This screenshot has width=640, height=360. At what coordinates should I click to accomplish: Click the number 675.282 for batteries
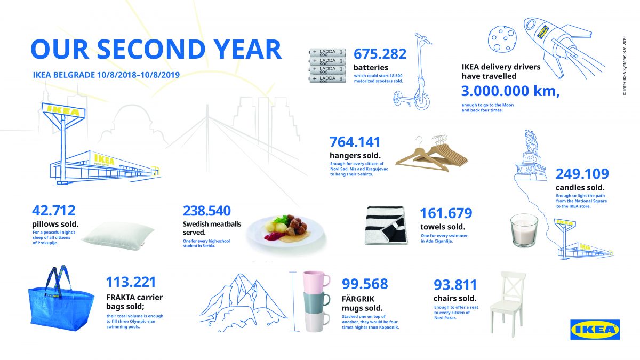(380, 54)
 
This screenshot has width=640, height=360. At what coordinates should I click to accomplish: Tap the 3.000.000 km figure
(510, 91)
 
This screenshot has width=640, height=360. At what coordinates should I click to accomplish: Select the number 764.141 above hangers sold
(355, 142)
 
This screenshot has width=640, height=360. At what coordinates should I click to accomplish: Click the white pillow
(118, 236)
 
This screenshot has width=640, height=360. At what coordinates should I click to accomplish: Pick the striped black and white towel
(386, 226)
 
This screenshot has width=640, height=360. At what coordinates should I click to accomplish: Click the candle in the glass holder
(524, 230)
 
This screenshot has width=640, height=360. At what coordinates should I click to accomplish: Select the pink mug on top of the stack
(316, 282)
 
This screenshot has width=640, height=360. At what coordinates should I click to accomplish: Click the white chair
(508, 305)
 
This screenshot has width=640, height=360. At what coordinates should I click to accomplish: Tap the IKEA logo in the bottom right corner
(595, 330)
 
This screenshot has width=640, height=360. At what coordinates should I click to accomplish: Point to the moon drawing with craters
(502, 39)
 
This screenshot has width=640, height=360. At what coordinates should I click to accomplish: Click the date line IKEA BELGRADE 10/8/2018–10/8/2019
(106, 75)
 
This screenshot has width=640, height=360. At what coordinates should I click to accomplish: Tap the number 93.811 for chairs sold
(455, 285)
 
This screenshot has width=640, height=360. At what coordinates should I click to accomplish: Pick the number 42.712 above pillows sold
(54, 211)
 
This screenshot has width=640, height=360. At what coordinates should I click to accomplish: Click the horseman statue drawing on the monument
(531, 142)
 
